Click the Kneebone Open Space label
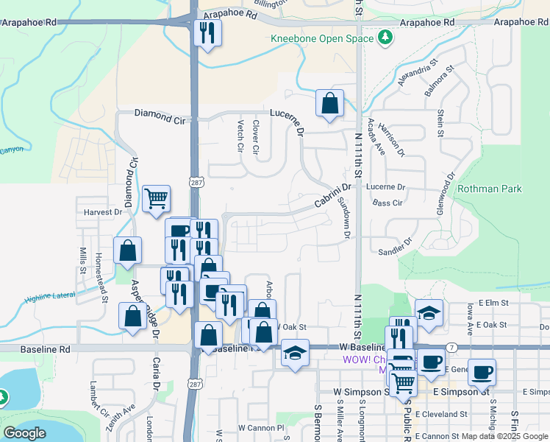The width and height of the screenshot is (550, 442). [x=322, y=38]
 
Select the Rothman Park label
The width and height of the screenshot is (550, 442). [x=489, y=189]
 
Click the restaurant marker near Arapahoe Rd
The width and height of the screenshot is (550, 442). [x=207, y=32]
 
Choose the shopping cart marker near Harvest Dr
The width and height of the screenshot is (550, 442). [x=156, y=198]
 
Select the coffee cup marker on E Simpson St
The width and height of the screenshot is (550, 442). [x=482, y=372]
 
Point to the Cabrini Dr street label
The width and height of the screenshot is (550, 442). [x=333, y=196]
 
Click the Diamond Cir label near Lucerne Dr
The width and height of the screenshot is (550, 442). [x=160, y=114]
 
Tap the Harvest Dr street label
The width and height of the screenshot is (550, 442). [x=102, y=212]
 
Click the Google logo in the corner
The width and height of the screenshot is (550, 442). [x=25, y=433]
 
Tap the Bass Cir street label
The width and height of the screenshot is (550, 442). [x=387, y=203]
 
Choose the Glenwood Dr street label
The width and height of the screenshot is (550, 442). [x=450, y=190]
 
